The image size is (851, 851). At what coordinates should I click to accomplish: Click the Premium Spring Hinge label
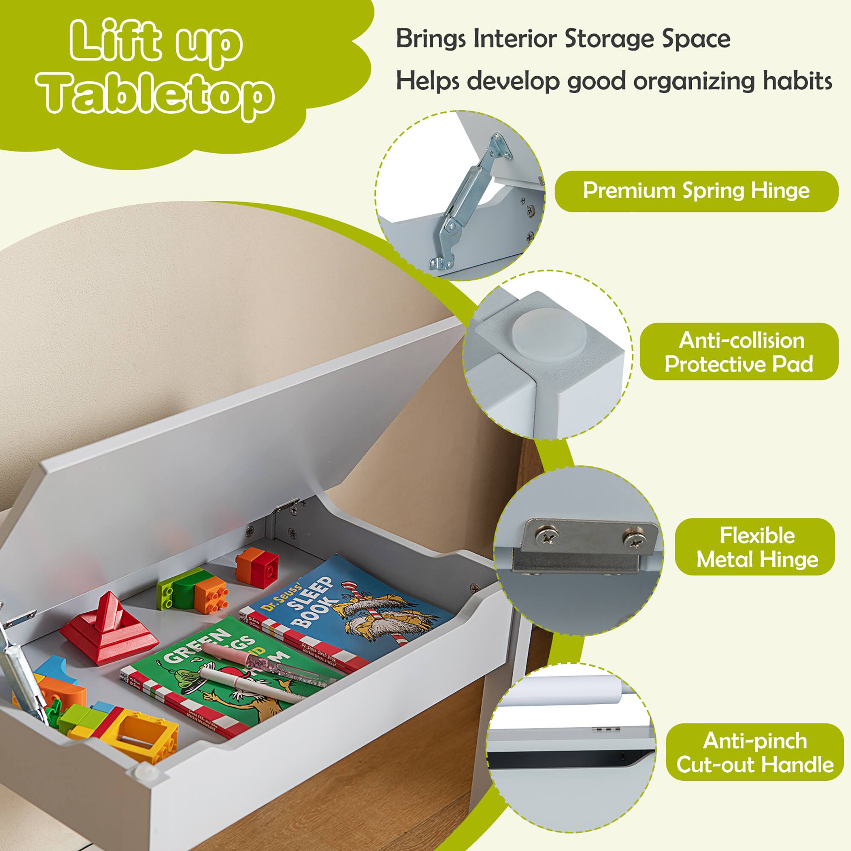(x=696, y=191)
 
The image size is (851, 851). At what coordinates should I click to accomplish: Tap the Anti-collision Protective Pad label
(x=739, y=352)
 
